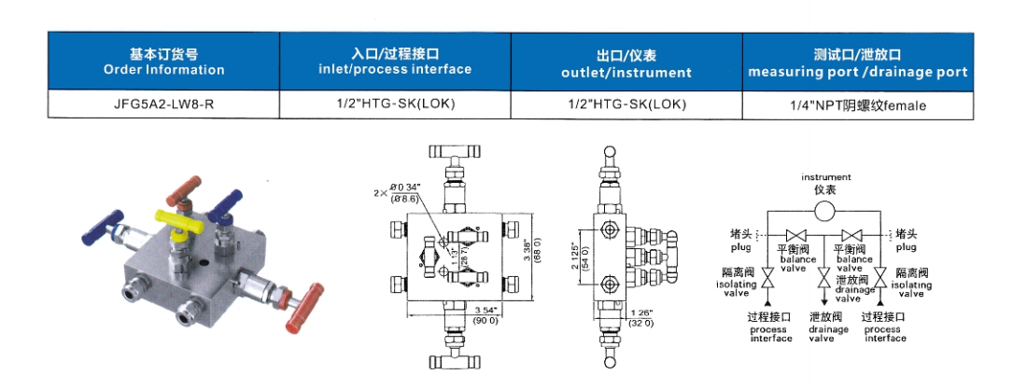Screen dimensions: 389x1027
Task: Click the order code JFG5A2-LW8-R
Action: click(163, 104)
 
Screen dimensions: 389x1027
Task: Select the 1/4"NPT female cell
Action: click(857, 105)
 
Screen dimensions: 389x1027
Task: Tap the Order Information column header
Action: click(163, 63)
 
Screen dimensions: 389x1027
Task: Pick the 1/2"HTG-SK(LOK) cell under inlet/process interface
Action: click(395, 104)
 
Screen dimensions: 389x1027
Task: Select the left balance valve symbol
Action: click(795, 235)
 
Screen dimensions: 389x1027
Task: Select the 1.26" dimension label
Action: click(643, 312)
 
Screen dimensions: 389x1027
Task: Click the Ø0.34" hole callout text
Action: click(408, 188)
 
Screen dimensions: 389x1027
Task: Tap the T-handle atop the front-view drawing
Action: click(455, 152)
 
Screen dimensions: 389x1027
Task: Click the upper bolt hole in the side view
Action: click(609, 227)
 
